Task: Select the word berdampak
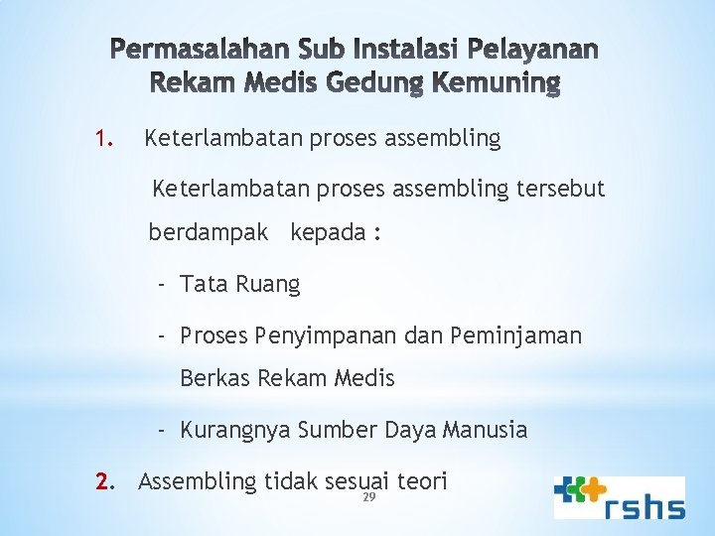[209, 233]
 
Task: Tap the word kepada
[328, 233]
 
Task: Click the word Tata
[204, 285]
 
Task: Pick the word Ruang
[267, 285]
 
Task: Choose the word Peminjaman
[516, 336]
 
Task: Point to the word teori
[422, 481]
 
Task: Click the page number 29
[367, 497]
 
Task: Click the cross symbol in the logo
[578, 493]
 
